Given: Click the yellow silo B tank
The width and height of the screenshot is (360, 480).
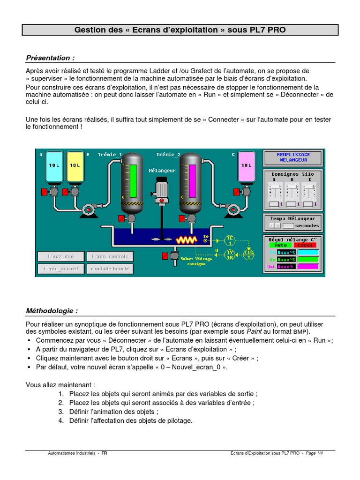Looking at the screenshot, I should point(75,166).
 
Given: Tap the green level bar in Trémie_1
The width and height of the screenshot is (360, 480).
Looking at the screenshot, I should point(133,180).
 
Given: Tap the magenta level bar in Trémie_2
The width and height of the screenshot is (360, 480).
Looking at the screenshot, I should point(191,180).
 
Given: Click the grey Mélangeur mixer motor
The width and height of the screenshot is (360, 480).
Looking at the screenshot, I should point(162,188).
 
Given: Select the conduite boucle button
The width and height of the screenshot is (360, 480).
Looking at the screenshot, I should point(109,269).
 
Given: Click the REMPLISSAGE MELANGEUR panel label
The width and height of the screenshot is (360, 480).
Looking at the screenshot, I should point(293,157).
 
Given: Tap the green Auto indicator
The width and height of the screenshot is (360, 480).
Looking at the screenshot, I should point(280,245).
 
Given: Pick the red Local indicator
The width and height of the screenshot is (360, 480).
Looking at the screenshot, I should point(306,245).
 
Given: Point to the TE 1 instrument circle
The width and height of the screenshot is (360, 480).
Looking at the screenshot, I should point(230,240).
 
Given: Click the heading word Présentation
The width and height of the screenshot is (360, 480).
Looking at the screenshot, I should point(50,58).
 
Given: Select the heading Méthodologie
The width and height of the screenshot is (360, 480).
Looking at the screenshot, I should point(52,311).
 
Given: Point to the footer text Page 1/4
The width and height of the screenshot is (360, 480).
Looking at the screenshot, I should point(314,454).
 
